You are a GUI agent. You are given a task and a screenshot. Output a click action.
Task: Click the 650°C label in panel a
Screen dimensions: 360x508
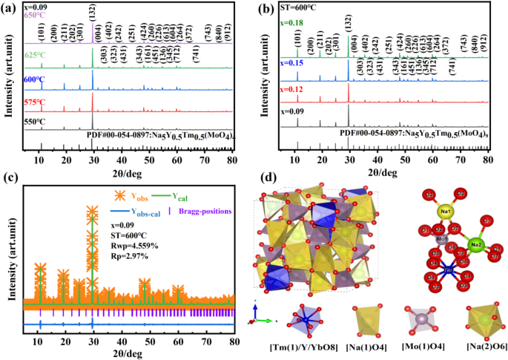(38, 14)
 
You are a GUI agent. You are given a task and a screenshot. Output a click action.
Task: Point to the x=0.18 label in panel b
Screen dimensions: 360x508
(290, 23)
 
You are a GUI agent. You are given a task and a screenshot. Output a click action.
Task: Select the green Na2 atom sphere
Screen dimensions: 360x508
(477, 244)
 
